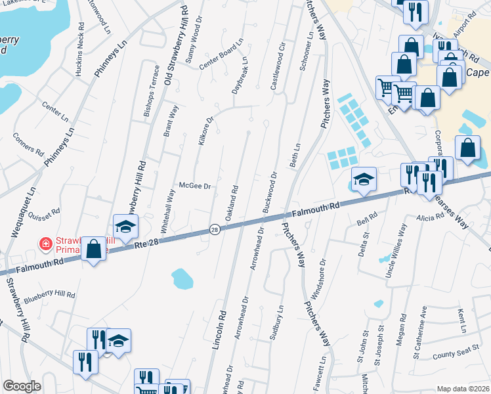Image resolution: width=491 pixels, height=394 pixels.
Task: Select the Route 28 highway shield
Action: pos(215,229)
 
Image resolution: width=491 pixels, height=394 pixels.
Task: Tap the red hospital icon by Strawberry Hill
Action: pos(46,244)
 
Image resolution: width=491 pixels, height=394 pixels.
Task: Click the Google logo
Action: pos(22,386)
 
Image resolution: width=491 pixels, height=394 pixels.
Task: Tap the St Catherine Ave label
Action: pos(419,333)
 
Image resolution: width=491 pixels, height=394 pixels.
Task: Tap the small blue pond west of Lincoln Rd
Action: pos(182,279)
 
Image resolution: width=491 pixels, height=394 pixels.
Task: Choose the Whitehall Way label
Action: pos(168,212)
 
